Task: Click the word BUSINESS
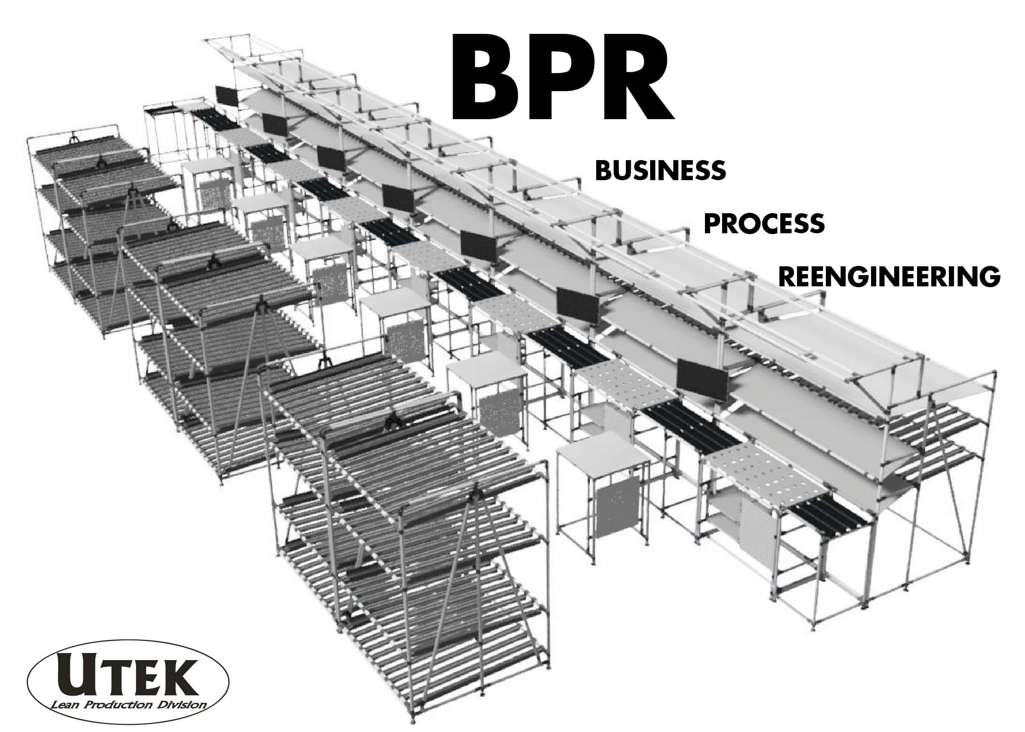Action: click(660, 171)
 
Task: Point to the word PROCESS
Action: click(764, 224)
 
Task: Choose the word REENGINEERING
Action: click(889, 276)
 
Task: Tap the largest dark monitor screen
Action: click(702, 380)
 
